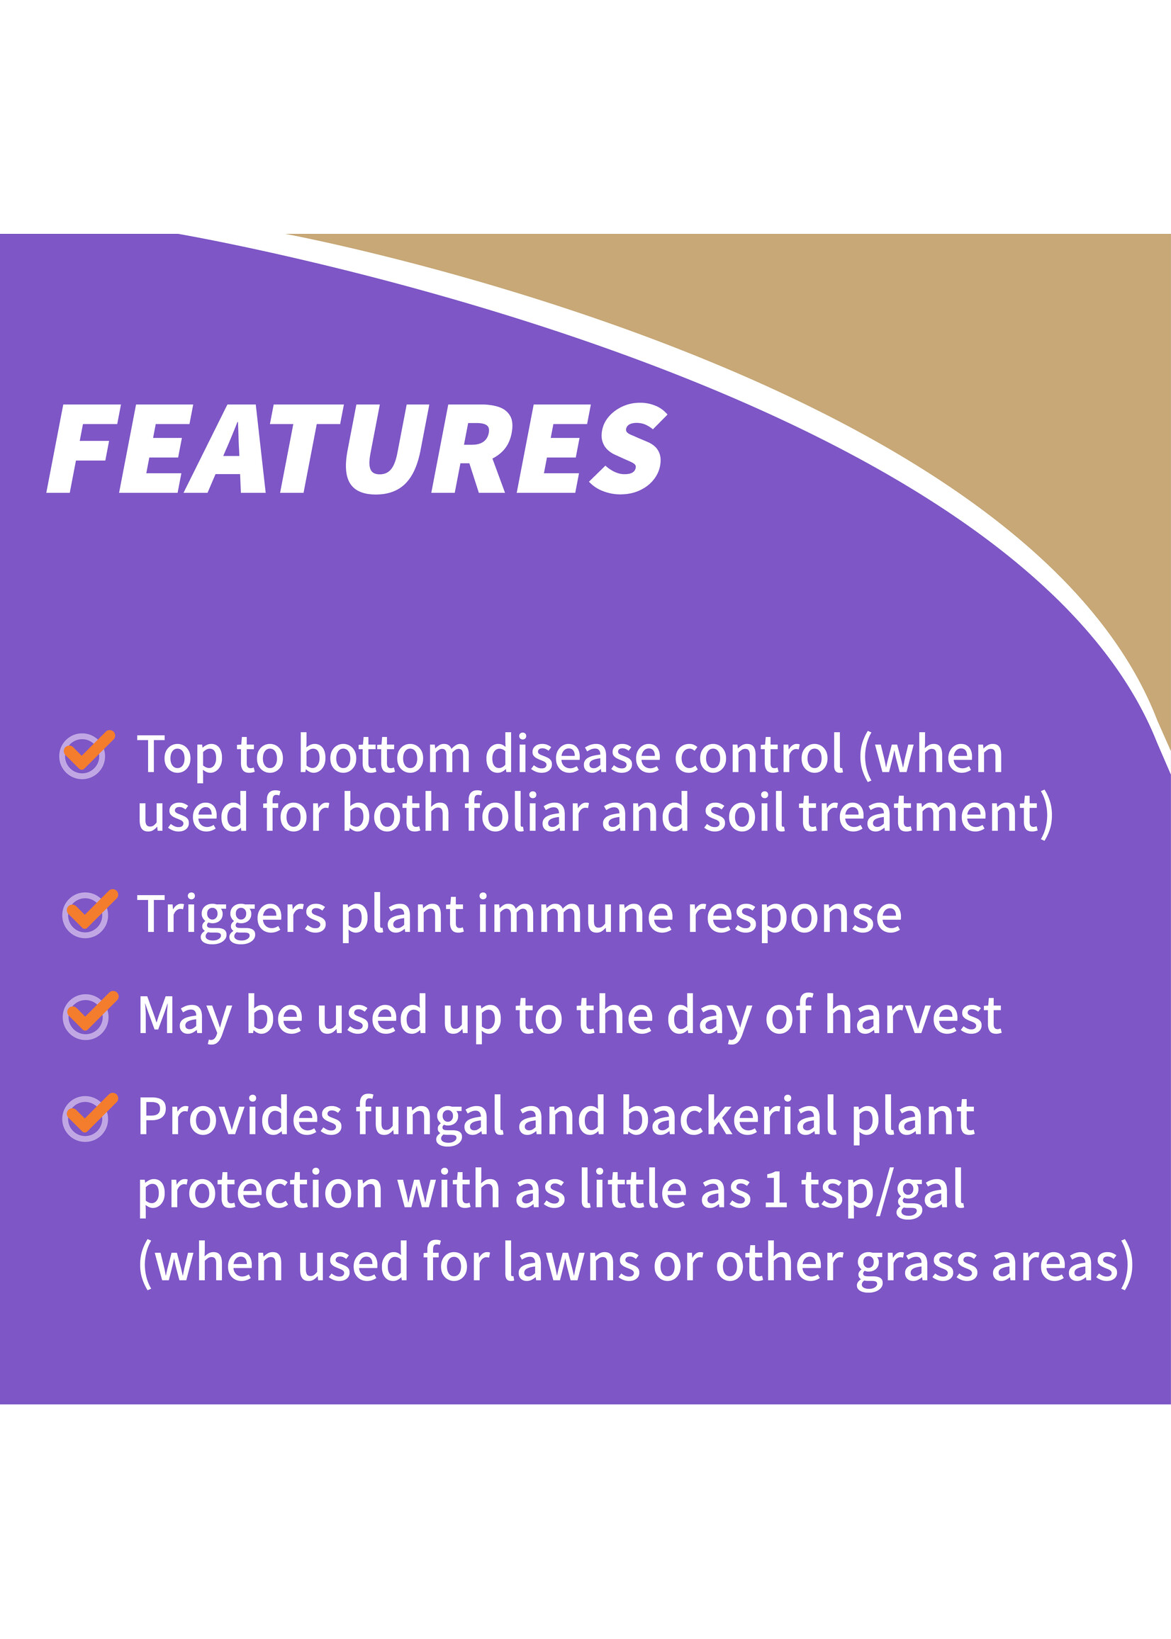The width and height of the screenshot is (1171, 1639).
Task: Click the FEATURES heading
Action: tap(357, 449)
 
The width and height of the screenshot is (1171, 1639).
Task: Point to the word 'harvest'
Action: tap(913, 1015)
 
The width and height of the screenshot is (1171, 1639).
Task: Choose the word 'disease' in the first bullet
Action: tap(573, 755)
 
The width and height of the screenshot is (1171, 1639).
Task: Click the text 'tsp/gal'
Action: tap(883, 1191)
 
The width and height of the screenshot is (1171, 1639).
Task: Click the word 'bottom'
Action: tap(384, 755)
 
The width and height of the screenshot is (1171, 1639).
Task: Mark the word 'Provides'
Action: tap(240, 1117)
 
